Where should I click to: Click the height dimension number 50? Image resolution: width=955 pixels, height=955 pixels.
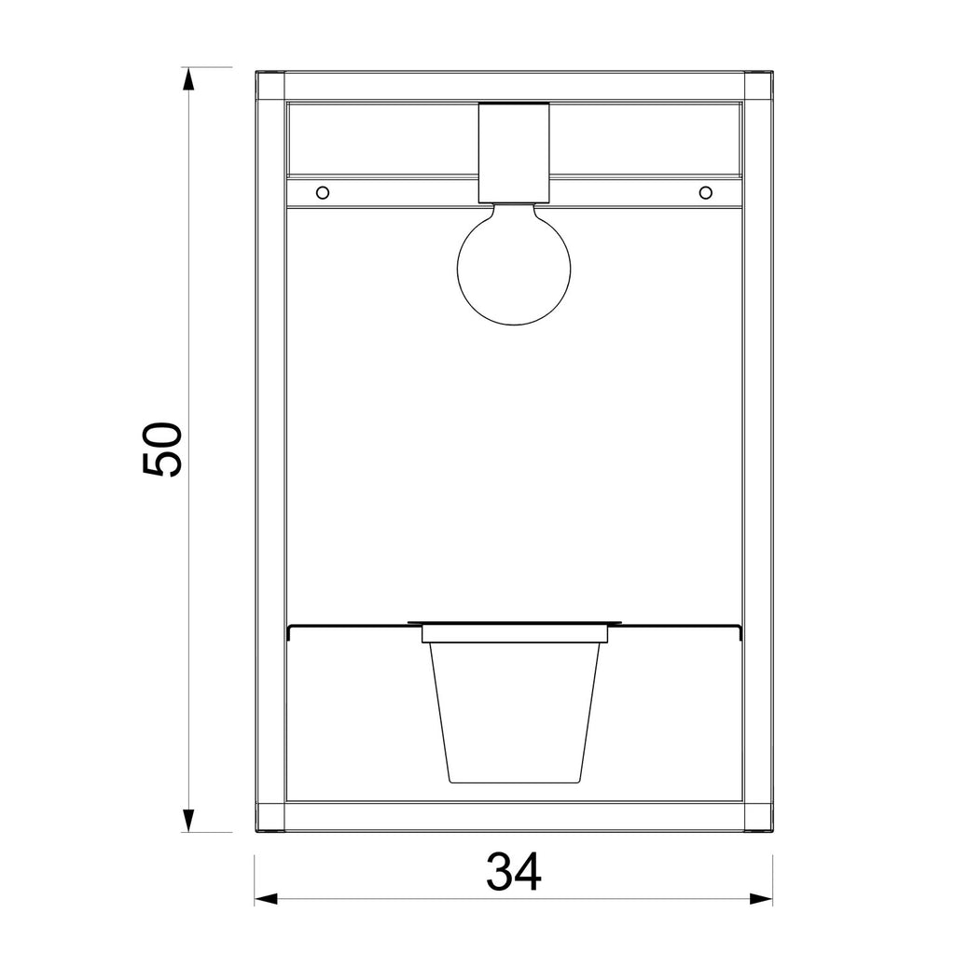click(162, 449)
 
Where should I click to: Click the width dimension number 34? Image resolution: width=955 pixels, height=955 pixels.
click(514, 872)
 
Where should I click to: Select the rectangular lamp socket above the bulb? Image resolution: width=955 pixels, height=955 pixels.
click(514, 152)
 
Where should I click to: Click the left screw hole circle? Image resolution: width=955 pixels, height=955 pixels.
click(323, 193)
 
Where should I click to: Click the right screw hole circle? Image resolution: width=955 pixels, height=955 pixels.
click(705, 193)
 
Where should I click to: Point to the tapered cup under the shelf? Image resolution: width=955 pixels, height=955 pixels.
click(515, 713)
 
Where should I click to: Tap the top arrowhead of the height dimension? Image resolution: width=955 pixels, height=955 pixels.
click(188, 79)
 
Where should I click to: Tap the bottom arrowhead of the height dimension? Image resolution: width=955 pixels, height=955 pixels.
click(188, 820)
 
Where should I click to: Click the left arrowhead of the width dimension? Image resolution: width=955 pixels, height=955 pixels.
click(266, 898)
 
